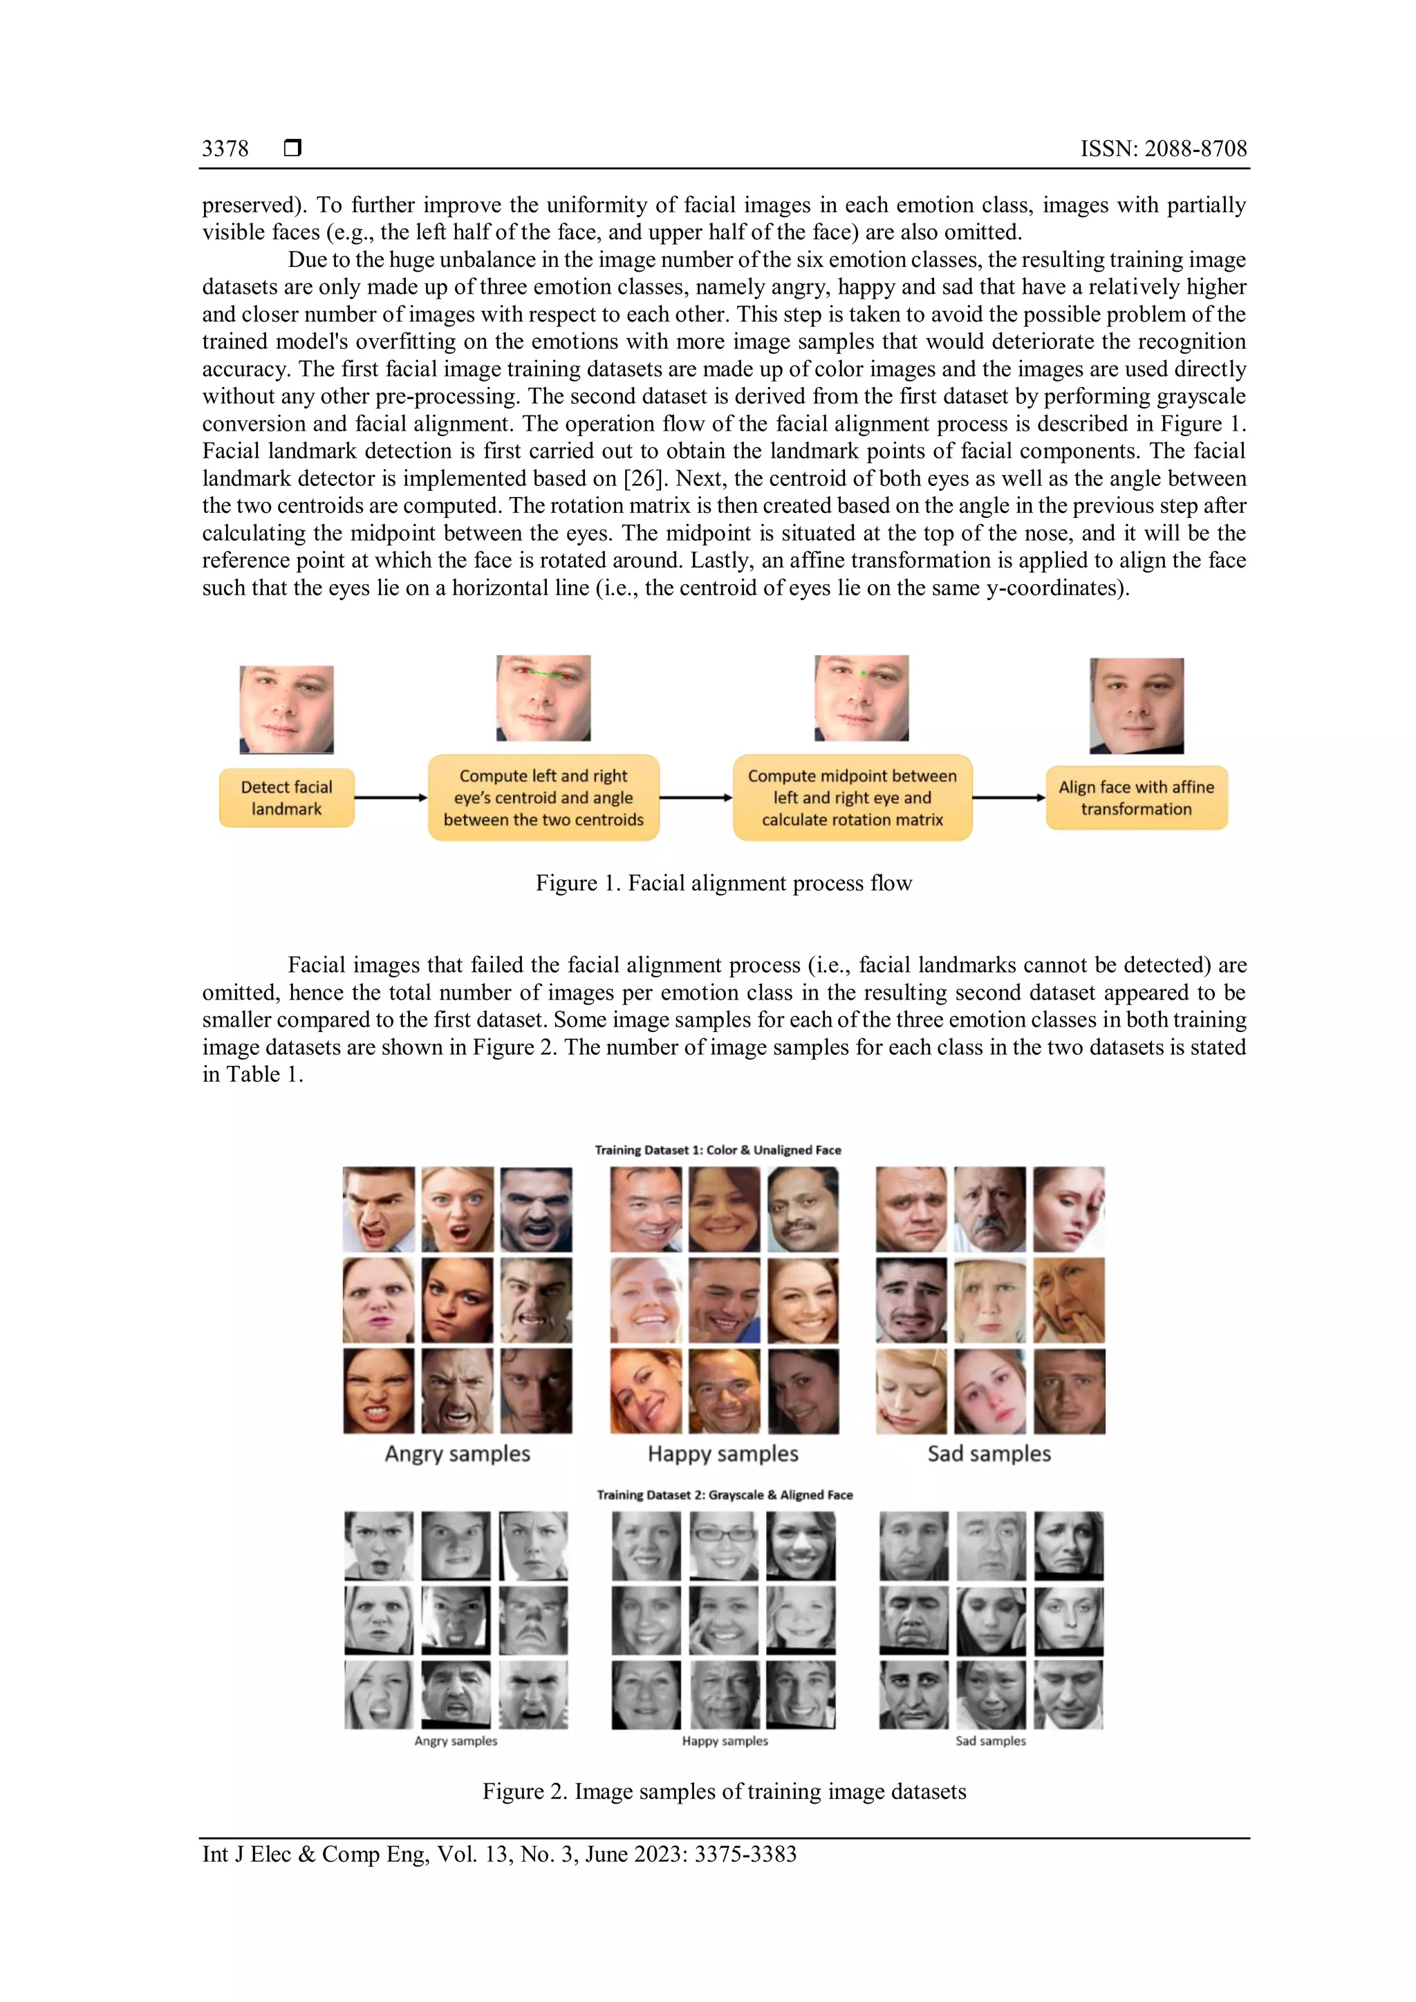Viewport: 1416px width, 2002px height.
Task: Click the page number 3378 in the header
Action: [225, 149]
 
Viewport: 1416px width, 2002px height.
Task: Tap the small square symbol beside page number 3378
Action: [293, 147]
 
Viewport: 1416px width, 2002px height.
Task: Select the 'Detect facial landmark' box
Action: [287, 798]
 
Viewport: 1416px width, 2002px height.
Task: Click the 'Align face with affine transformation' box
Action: [1136, 798]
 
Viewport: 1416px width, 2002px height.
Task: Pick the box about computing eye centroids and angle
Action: [543, 798]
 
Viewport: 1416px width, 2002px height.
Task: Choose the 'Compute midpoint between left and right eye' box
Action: [852, 798]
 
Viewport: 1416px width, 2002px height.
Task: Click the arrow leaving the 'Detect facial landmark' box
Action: [391, 798]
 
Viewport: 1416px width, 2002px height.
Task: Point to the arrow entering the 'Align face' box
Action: [1009, 798]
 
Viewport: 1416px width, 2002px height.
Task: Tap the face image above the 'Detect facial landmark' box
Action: [287, 710]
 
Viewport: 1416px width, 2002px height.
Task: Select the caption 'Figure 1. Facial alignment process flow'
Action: [724, 883]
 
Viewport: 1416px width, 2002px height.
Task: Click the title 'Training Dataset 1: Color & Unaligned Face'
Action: [718, 1150]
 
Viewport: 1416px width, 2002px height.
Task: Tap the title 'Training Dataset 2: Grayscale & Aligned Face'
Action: [725, 1495]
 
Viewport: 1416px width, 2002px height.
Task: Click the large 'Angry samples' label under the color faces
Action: [458, 1454]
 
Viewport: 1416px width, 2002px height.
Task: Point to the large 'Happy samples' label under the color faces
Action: [723, 1454]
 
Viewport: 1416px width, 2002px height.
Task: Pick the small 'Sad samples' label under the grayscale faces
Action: [991, 1741]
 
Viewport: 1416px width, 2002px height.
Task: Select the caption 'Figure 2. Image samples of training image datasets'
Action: [724, 1791]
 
